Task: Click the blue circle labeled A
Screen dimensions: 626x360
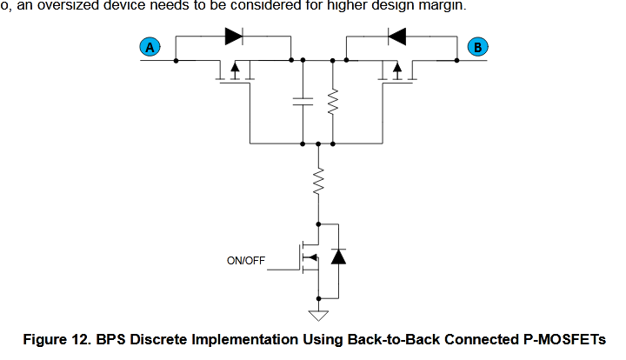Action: [x=150, y=47]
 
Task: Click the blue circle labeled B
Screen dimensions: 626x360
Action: [x=477, y=47]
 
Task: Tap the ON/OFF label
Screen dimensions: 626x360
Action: [x=246, y=261]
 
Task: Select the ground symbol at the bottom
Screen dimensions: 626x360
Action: [x=318, y=316]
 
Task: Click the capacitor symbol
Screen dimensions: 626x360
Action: [x=303, y=102]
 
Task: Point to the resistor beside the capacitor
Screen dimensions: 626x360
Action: [x=332, y=102]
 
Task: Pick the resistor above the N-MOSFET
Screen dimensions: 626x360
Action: [x=318, y=181]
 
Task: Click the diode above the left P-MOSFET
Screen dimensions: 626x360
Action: [x=235, y=37]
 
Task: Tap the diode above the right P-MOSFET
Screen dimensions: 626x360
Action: [x=397, y=37]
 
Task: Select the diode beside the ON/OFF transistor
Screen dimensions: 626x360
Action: [x=338, y=257]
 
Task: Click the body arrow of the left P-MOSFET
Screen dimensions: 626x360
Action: [x=236, y=70]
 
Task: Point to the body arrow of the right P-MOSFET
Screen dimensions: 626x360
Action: [x=397, y=70]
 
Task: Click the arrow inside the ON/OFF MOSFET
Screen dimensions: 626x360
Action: [x=312, y=257]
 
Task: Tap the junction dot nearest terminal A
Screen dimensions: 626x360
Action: [x=176, y=61]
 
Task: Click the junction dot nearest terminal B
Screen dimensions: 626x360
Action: [x=456, y=60]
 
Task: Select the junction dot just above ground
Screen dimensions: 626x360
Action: [x=318, y=298]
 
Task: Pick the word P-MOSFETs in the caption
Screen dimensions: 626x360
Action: [x=564, y=340]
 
